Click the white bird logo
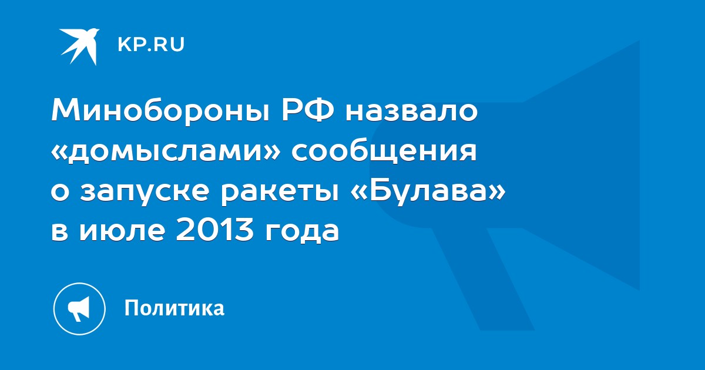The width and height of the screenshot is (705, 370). pyautogui.click(x=79, y=46)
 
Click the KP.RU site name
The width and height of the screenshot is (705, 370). pyautogui.click(x=151, y=45)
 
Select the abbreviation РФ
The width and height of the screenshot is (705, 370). pyautogui.click(x=307, y=110)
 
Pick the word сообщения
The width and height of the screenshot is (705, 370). pyautogui.click(x=384, y=152)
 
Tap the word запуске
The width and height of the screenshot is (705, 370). pyautogui.click(x=145, y=193)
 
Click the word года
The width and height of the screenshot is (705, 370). pyautogui.click(x=302, y=232)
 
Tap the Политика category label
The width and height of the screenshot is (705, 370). pyautogui.click(x=174, y=308)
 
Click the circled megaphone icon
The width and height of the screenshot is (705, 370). pyautogui.click(x=79, y=309)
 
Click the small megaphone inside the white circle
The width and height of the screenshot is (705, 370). pyautogui.click(x=79, y=309)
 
